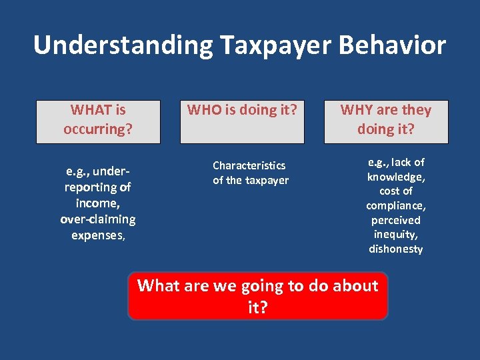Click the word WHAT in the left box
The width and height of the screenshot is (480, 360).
(x=89, y=109)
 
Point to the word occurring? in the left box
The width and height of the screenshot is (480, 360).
(x=98, y=128)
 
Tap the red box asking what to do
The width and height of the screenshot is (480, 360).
(x=257, y=296)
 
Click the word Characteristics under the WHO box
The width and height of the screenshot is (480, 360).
(x=249, y=165)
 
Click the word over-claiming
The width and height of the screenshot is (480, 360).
(x=98, y=219)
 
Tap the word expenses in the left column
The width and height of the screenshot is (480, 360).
(x=97, y=235)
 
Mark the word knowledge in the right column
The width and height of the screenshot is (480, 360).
(x=396, y=177)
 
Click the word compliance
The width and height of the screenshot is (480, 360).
(x=396, y=206)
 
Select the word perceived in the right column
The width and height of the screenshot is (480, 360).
(x=396, y=220)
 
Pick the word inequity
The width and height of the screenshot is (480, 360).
(x=396, y=234)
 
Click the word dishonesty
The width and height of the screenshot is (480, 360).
(x=396, y=249)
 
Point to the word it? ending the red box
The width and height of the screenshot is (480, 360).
(x=257, y=308)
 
